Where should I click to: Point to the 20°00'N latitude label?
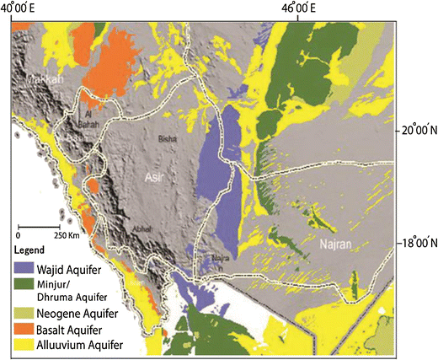coord(418,131)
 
